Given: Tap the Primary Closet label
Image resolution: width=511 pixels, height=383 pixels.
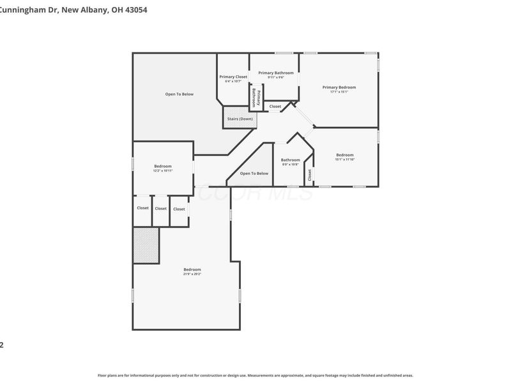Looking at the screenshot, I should (x=233, y=77).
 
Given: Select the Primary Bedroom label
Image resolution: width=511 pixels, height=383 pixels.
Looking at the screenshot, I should (x=339, y=87).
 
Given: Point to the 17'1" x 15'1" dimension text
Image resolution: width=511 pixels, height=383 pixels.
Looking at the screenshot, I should (x=339, y=92).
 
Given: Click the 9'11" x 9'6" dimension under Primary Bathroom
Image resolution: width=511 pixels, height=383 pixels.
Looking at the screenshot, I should (x=276, y=77).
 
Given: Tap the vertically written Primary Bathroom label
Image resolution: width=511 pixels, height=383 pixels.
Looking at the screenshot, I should (x=257, y=98).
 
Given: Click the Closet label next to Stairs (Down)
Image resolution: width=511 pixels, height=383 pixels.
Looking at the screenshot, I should (x=275, y=107).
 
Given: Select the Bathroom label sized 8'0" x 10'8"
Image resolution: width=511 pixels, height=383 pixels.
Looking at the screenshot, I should (x=291, y=160).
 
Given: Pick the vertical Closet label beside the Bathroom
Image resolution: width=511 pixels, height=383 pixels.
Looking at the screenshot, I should (x=309, y=175).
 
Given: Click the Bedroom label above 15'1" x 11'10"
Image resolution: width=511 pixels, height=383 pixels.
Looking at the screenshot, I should (x=345, y=154).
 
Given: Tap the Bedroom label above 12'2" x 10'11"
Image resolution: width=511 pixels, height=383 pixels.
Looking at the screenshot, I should (x=163, y=166).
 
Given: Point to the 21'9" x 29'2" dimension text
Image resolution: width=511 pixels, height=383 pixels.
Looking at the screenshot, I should (x=192, y=273).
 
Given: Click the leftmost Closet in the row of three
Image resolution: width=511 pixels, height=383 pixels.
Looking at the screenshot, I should (x=142, y=208).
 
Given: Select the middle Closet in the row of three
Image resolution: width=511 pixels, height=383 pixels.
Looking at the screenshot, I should (x=161, y=209).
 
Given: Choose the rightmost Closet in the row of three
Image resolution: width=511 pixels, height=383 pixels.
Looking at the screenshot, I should (x=179, y=209).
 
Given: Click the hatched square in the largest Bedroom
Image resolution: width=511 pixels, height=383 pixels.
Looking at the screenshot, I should (x=146, y=246).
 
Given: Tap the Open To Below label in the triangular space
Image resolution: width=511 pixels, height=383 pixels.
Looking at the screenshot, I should (x=254, y=174).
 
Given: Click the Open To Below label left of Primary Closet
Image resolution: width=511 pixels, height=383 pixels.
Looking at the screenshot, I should (x=179, y=94).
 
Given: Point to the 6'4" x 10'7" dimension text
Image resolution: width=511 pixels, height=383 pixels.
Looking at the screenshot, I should (x=233, y=82).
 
